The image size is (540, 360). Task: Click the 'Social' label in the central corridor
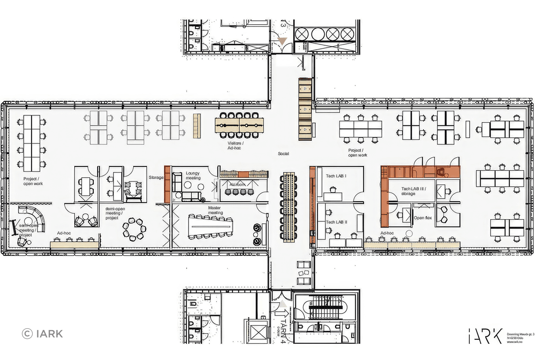(x=283, y=154)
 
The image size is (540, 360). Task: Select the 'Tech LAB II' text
(x=336, y=222)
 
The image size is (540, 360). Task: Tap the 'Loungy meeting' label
(x=193, y=176)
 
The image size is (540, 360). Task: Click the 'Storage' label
(x=156, y=178)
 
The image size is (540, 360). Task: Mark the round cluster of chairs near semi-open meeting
(x=135, y=229)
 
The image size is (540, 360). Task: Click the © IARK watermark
(x=42, y=334)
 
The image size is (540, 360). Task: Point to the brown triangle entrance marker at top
(x=282, y=41)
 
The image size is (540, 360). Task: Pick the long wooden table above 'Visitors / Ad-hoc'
(x=239, y=125)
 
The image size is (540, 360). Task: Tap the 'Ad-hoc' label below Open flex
(x=387, y=233)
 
